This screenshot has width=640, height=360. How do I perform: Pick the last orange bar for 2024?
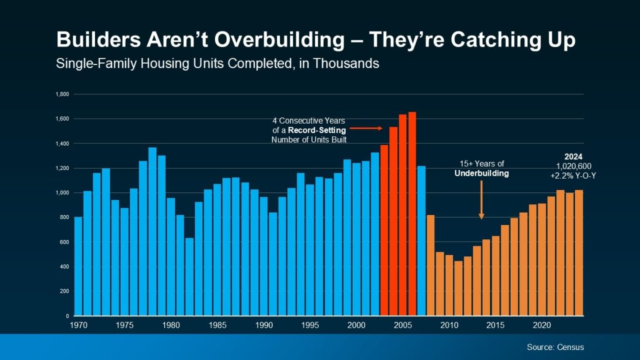(579, 253)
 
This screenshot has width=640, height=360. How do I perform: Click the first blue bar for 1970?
(78, 266)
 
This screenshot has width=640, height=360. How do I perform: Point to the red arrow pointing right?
(373, 128)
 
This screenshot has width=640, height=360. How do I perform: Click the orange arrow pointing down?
(481, 201)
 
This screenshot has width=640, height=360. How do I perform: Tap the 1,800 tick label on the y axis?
(62, 94)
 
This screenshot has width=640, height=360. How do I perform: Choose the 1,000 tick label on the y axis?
(62, 193)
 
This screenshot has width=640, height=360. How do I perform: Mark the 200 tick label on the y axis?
(64, 291)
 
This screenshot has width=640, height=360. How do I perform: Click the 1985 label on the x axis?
(217, 326)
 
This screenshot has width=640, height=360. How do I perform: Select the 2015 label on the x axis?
(496, 326)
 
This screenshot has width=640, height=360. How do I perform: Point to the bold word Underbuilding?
(481, 173)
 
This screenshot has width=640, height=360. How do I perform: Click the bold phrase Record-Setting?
(321, 130)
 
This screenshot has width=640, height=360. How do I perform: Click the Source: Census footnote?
(555, 347)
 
